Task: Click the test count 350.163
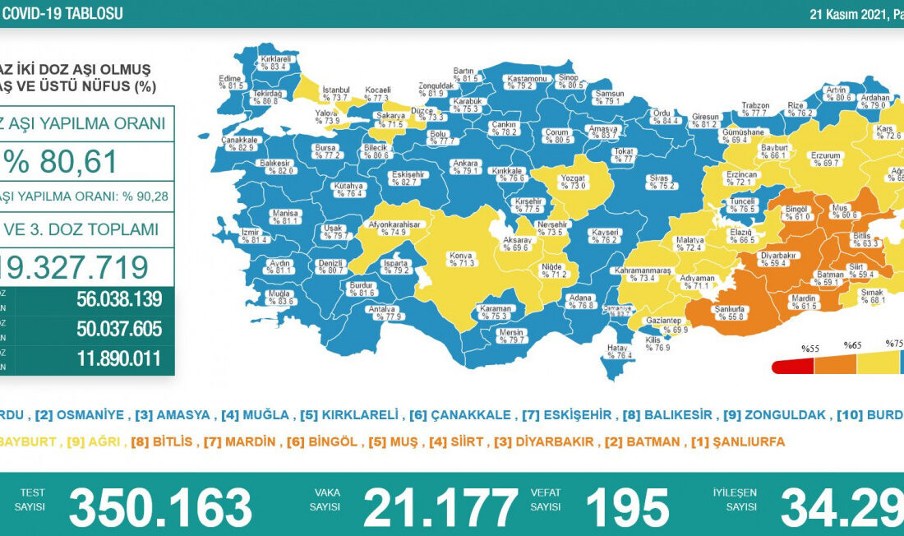pyautogui.click(x=160, y=506)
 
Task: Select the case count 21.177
pyautogui.click(x=440, y=506)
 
